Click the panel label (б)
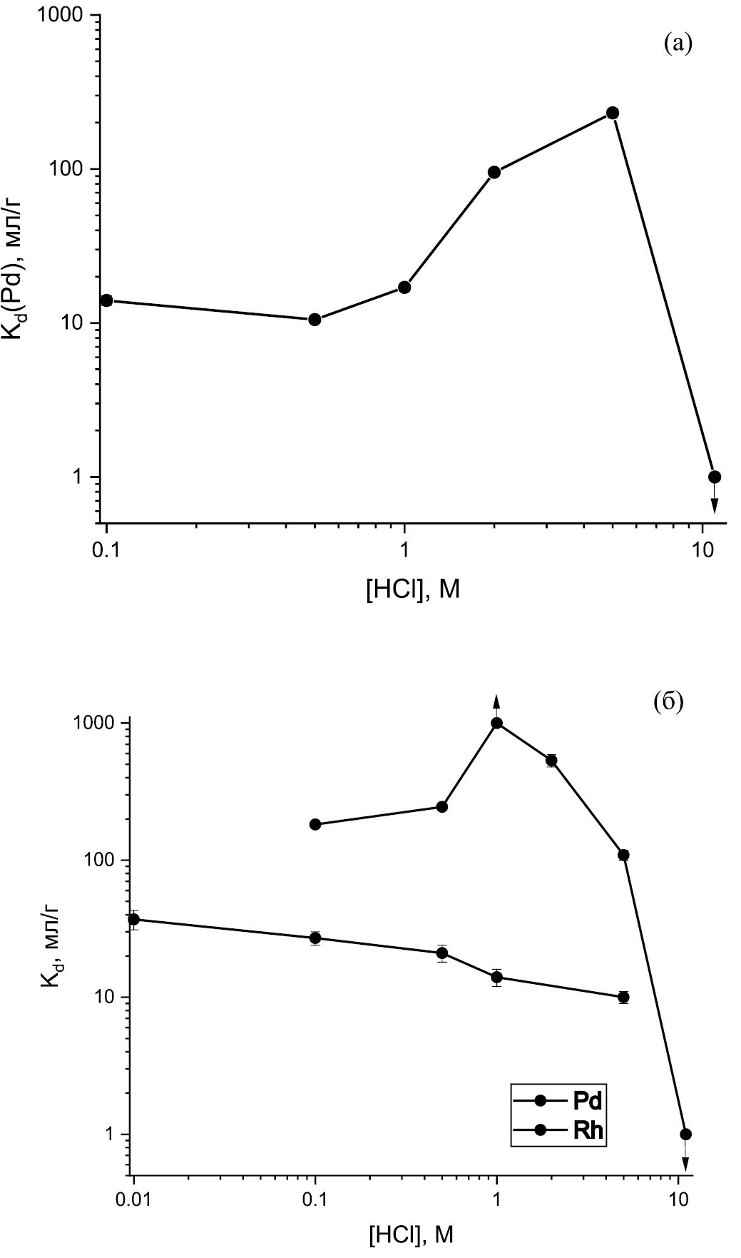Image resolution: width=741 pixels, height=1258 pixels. pyautogui.click(x=668, y=702)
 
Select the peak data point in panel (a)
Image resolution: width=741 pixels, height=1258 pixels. pyautogui.click(x=612, y=113)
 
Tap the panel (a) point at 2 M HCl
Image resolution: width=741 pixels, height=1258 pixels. pyautogui.click(x=494, y=172)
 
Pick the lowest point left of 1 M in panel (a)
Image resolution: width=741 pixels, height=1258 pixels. pyautogui.click(x=315, y=319)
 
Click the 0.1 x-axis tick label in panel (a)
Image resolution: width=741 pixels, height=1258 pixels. pyautogui.click(x=106, y=551)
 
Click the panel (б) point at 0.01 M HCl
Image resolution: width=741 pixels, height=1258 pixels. pyautogui.click(x=133, y=919)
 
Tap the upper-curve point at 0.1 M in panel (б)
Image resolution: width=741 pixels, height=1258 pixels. pyautogui.click(x=315, y=824)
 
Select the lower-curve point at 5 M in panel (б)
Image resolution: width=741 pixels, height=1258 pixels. pyautogui.click(x=624, y=997)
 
